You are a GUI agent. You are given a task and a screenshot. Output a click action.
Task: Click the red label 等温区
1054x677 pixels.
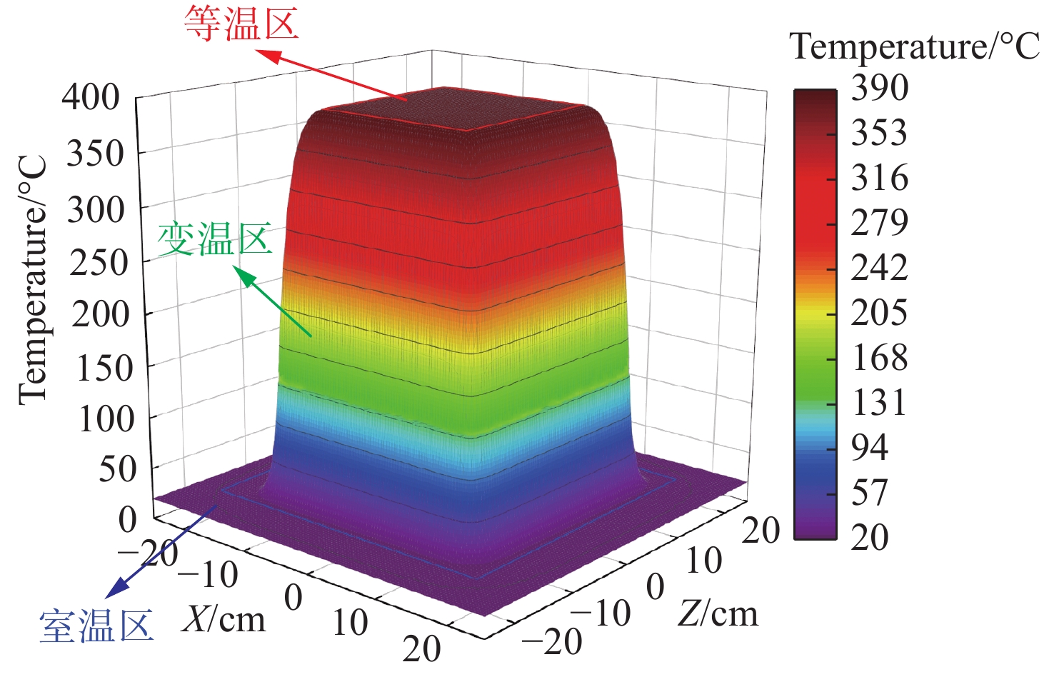click(x=241, y=24)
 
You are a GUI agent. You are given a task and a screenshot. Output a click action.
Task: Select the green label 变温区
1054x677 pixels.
click(x=215, y=239)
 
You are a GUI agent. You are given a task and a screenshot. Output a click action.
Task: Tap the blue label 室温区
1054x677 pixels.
click(x=96, y=626)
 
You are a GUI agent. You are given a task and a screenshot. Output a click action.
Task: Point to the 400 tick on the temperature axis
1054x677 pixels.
click(x=91, y=97)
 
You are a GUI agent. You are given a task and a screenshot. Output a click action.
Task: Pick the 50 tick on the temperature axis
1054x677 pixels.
click(x=116, y=469)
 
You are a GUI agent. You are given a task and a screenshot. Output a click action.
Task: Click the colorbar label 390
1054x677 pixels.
click(x=880, y=88)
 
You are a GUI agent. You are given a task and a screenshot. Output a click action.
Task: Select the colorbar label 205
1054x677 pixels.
click(x=880, y=312)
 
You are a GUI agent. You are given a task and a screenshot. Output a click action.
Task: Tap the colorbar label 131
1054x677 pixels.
click(x=880, y=402)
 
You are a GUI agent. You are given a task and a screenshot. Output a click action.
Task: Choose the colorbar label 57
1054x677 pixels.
click(x=870, y=492)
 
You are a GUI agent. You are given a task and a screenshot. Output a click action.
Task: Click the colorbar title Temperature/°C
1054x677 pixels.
click(x=915, y=47)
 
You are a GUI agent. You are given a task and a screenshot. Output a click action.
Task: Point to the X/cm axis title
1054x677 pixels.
click(x=224, y=618)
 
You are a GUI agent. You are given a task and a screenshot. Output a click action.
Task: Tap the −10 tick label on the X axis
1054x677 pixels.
click(x=208, y=574)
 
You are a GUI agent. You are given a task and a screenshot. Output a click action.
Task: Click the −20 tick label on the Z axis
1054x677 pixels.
click(x=551, y=642)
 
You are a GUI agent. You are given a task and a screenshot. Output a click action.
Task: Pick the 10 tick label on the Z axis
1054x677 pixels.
click(x=704, y=561)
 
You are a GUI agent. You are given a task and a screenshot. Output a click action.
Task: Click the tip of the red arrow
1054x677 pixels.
click(x=259, y=51)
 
